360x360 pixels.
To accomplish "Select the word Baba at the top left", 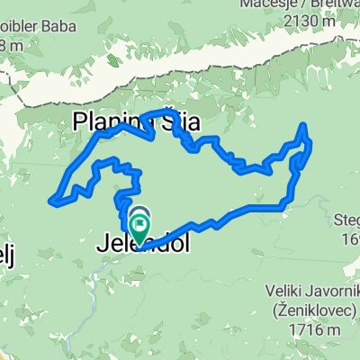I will point(43,25).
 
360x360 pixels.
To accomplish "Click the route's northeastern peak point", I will point(303,125).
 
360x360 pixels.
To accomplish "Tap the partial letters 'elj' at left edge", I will point(7,248).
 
